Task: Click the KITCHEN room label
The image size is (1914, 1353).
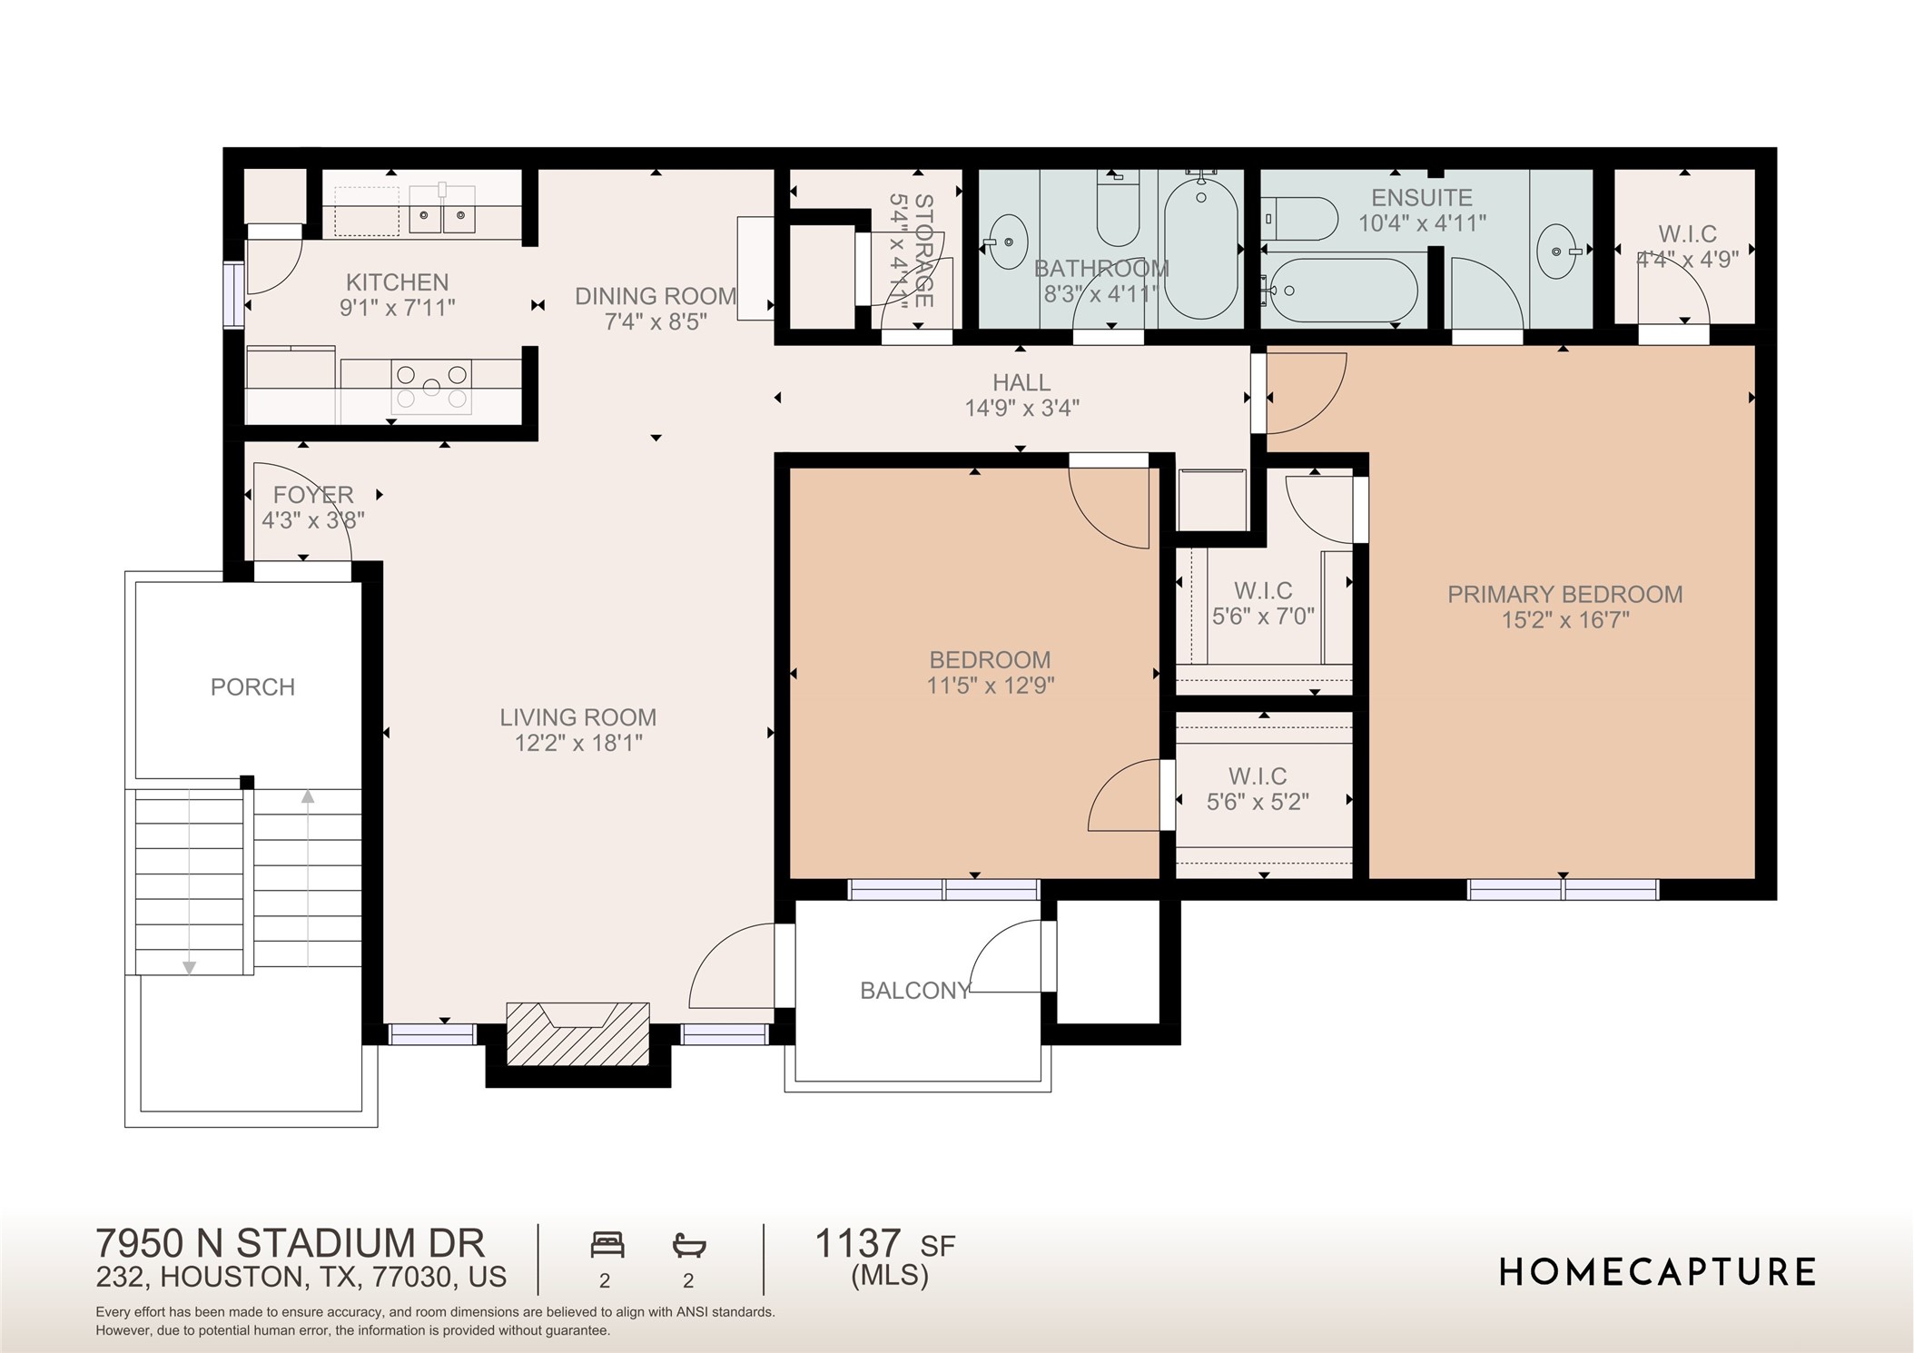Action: click(397, 282)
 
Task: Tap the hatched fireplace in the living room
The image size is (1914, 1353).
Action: click(578, 1033)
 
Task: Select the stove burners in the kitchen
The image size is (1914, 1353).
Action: click(432, 387)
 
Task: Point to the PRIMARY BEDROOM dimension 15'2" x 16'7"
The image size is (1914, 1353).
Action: click(1564, 620)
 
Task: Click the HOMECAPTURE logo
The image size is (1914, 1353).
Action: click(1657, 1272)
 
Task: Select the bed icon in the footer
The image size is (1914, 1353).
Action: click(607, 1244)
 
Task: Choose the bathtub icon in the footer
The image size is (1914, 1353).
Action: click(689, 1245)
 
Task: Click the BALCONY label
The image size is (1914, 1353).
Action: click(915, 991)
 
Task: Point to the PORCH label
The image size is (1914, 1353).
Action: click(252, 687)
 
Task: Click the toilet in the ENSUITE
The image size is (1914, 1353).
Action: click(1300, 219)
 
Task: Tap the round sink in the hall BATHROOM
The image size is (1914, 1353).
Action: click(1006, 242)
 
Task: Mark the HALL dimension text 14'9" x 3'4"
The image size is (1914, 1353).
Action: click(1021, 409)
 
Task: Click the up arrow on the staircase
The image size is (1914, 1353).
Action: click(308, 797)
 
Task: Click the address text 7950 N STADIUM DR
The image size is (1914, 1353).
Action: click(290, 1242)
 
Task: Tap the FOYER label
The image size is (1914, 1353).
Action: click(313, 495)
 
